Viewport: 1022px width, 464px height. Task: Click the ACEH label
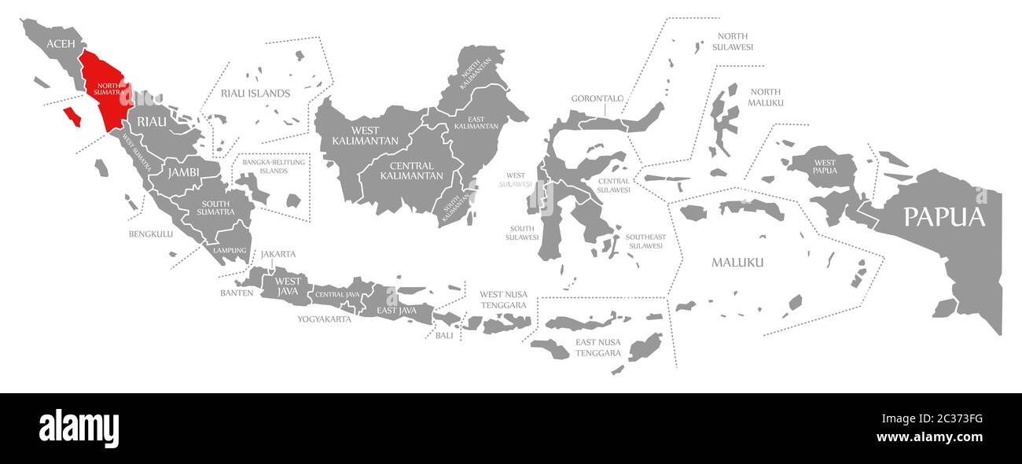pos(61,43)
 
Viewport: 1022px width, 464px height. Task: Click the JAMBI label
pos(182,171)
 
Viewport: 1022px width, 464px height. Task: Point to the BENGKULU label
pos(151,234)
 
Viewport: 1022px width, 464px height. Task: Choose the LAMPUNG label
pos(229,250)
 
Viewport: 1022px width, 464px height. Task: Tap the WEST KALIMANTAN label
pos(355,135)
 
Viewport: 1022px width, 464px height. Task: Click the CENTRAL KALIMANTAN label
pos(410,171)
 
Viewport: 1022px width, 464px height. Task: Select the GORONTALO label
pos(597,98)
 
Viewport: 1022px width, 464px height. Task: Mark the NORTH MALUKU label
pos(766,98)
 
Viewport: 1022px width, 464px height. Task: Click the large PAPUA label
pos(943,217)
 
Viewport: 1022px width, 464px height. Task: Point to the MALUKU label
pos(737,262)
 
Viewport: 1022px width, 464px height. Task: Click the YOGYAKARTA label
pos(324,319)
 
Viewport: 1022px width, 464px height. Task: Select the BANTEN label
pos(237,293)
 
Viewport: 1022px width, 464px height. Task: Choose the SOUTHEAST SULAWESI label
pos(645,241)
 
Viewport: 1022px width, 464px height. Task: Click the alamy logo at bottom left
pos(79,429)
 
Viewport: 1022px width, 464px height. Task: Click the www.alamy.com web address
pos(929,437)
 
